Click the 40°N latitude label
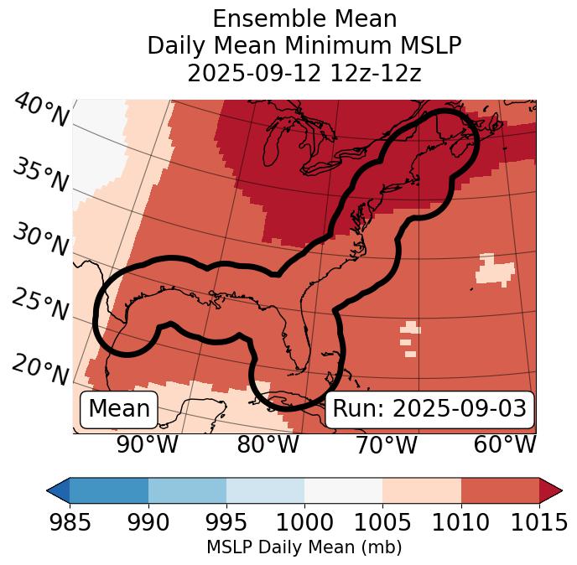[x=41, y=111]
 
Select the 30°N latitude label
[x=39, y=241]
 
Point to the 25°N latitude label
[x=39, y=305]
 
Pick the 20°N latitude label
[x=39, y=370]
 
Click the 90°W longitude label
[x=148, y=445]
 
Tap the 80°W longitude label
[x=268, y=445]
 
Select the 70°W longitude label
[x=387, y=445]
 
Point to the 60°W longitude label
[x=504, y=445]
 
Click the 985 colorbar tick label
[x=70, y=523]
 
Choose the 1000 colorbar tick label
[x=304, y=523]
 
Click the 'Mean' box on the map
[x=119, y=409]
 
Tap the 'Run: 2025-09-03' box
[x=429, y=409]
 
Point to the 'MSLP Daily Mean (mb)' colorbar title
[x=304, y=548]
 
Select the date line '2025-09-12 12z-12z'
[x=304, y=73]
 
